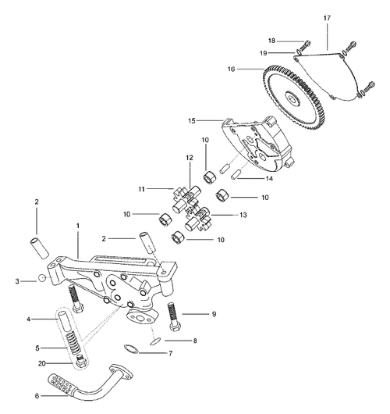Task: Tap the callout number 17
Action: tap(327, 16)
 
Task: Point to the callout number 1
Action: tap(77, 224)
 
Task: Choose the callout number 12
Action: tap(188, 158)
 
